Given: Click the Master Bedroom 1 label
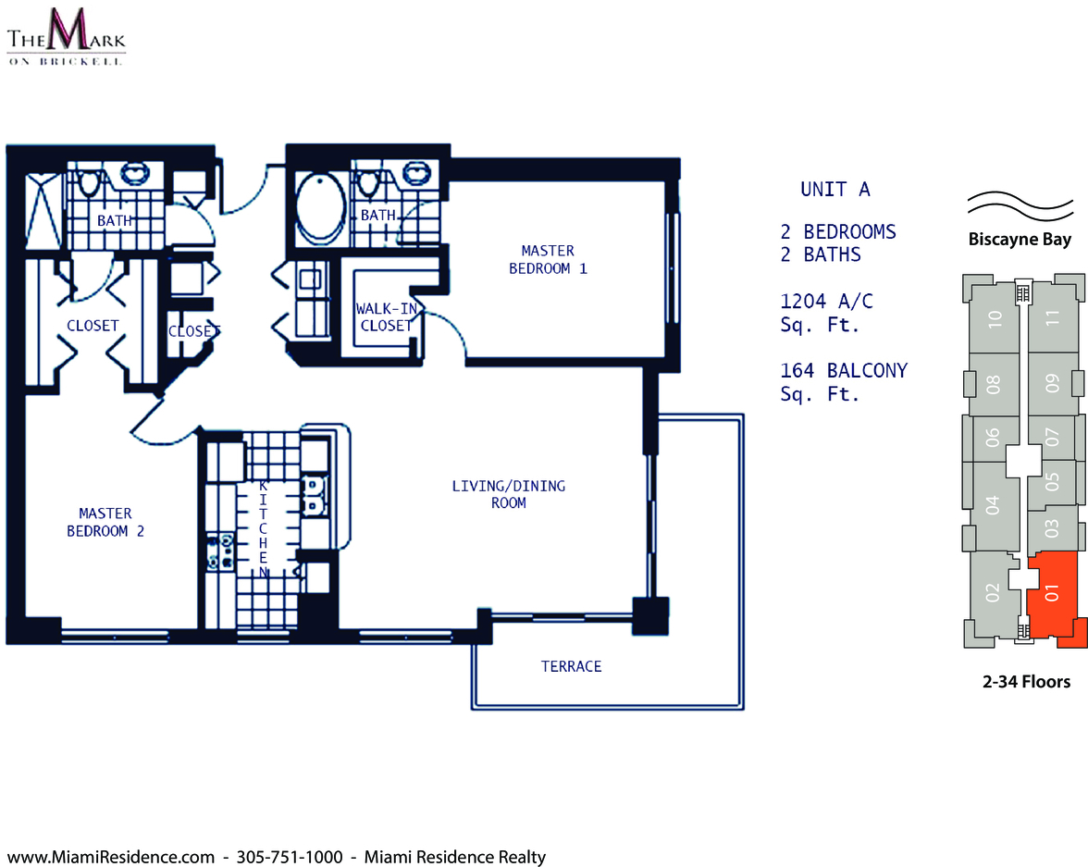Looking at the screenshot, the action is point(548,260).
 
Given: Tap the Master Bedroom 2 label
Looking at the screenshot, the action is point(105,522).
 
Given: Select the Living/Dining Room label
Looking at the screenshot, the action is point(509,494).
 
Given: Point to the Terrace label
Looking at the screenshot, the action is point(571,666).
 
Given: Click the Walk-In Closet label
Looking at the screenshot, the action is point(387,317).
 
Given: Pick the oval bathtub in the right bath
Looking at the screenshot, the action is point(320,207).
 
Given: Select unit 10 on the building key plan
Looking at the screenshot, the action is point(995,318).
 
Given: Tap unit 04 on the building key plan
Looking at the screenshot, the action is point(992,505).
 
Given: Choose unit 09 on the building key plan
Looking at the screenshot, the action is point(1053,383).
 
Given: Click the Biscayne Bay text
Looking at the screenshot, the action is point(1020,240).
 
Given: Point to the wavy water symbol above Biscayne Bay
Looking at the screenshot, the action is point(1020,205).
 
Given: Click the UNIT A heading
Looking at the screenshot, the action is point(835,189).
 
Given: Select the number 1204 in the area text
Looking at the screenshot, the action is point(803,302).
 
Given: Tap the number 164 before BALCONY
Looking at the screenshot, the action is point(797,371).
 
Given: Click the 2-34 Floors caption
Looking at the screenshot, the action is point(1026,682).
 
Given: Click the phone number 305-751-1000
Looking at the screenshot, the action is point(290,857).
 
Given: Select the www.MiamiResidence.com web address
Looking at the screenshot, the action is point(110,857).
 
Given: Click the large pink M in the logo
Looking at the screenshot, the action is point(67,30).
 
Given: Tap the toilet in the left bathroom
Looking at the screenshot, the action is point(89,182).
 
